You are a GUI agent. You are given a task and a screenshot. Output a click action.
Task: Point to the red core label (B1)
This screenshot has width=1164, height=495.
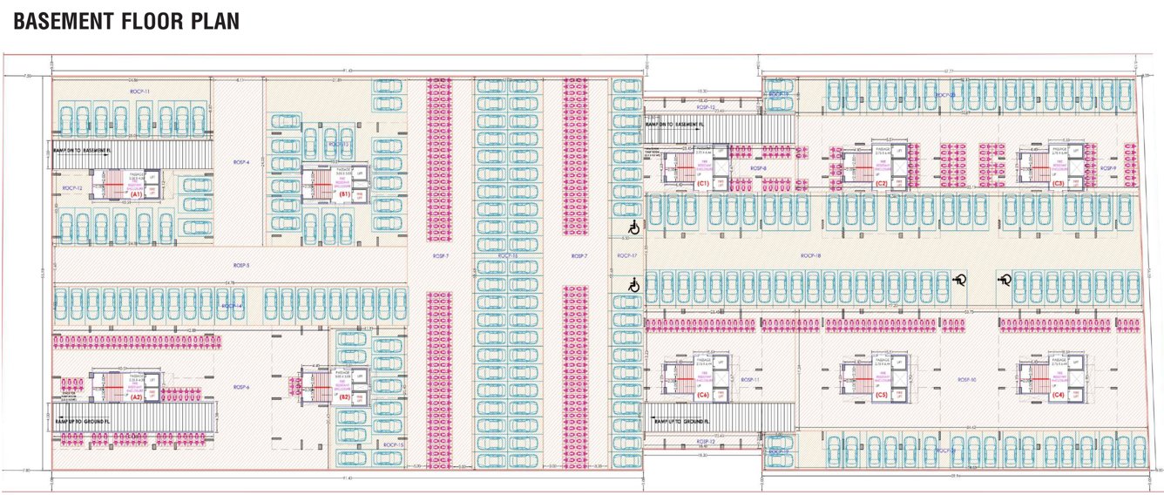pos(344,193)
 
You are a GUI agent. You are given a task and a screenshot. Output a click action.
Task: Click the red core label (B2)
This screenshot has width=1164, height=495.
pos(344,397)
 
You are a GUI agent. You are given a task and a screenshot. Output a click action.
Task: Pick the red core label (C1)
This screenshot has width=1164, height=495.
pos(702,183)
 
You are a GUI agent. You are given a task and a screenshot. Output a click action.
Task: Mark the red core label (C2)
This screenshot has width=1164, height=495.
pos(881,184)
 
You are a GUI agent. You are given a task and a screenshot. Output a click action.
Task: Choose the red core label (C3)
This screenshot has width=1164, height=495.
pos(1058,184)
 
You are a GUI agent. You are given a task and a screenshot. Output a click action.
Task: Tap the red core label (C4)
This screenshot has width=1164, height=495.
pos(1058,396)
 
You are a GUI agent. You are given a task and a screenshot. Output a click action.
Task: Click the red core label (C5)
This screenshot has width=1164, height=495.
pos(881,396)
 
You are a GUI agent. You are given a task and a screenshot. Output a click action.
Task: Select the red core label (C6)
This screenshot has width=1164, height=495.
pos(702,396)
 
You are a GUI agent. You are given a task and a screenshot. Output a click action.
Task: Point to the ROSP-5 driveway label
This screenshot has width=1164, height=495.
pos(241,265)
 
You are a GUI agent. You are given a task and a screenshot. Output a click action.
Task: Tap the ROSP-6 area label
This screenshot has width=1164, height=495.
pos(241,387)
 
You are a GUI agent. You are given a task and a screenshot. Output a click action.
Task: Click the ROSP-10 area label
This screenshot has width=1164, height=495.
pos(966,380)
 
